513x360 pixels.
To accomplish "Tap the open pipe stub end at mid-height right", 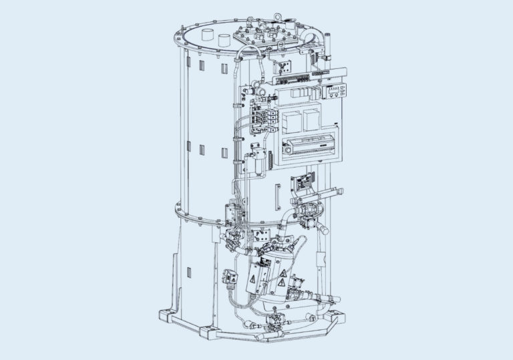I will coord(325,230).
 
